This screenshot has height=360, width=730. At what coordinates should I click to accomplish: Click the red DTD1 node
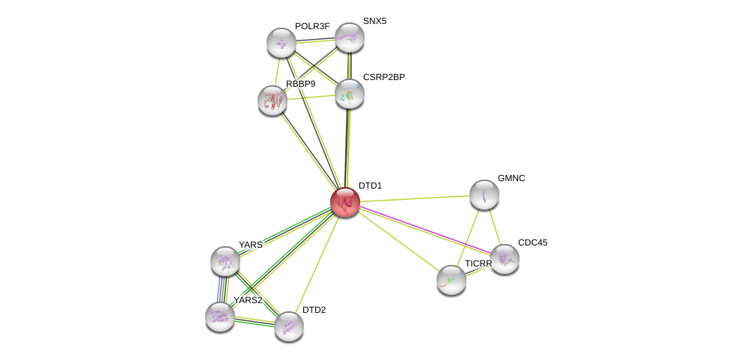point(345,202)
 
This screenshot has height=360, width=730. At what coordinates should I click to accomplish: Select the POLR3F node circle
point(282,42)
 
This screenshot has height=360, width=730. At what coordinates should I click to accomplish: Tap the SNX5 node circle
point(349,37)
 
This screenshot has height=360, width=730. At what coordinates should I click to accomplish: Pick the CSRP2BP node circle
point(349,94)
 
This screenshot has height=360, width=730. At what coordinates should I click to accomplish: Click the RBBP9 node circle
point(273,100)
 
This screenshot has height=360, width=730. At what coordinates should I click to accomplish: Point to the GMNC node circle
point(484,195)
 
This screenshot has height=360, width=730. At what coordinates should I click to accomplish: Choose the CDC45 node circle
point(505,259)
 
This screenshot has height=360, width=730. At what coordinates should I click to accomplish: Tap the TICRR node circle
point(451,280)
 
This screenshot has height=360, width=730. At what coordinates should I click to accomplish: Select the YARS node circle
point(225,261)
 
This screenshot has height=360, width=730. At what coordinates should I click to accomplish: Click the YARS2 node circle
point(220,316)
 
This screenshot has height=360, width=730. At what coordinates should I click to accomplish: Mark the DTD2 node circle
point(288,326)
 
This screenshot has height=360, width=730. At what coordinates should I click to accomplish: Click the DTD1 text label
point(370,186)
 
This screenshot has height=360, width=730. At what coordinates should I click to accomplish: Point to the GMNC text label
point(512,178)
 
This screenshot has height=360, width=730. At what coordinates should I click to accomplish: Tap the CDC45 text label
point(532,242)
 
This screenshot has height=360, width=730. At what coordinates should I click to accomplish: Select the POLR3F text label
point(311,26)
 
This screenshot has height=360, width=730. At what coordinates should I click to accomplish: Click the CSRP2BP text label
point(383,77)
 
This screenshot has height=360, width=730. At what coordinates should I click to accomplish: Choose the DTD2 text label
point(314,310)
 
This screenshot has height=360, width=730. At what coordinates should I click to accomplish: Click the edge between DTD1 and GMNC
point(415,198)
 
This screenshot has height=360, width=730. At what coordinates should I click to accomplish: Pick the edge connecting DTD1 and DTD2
point(317,263)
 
